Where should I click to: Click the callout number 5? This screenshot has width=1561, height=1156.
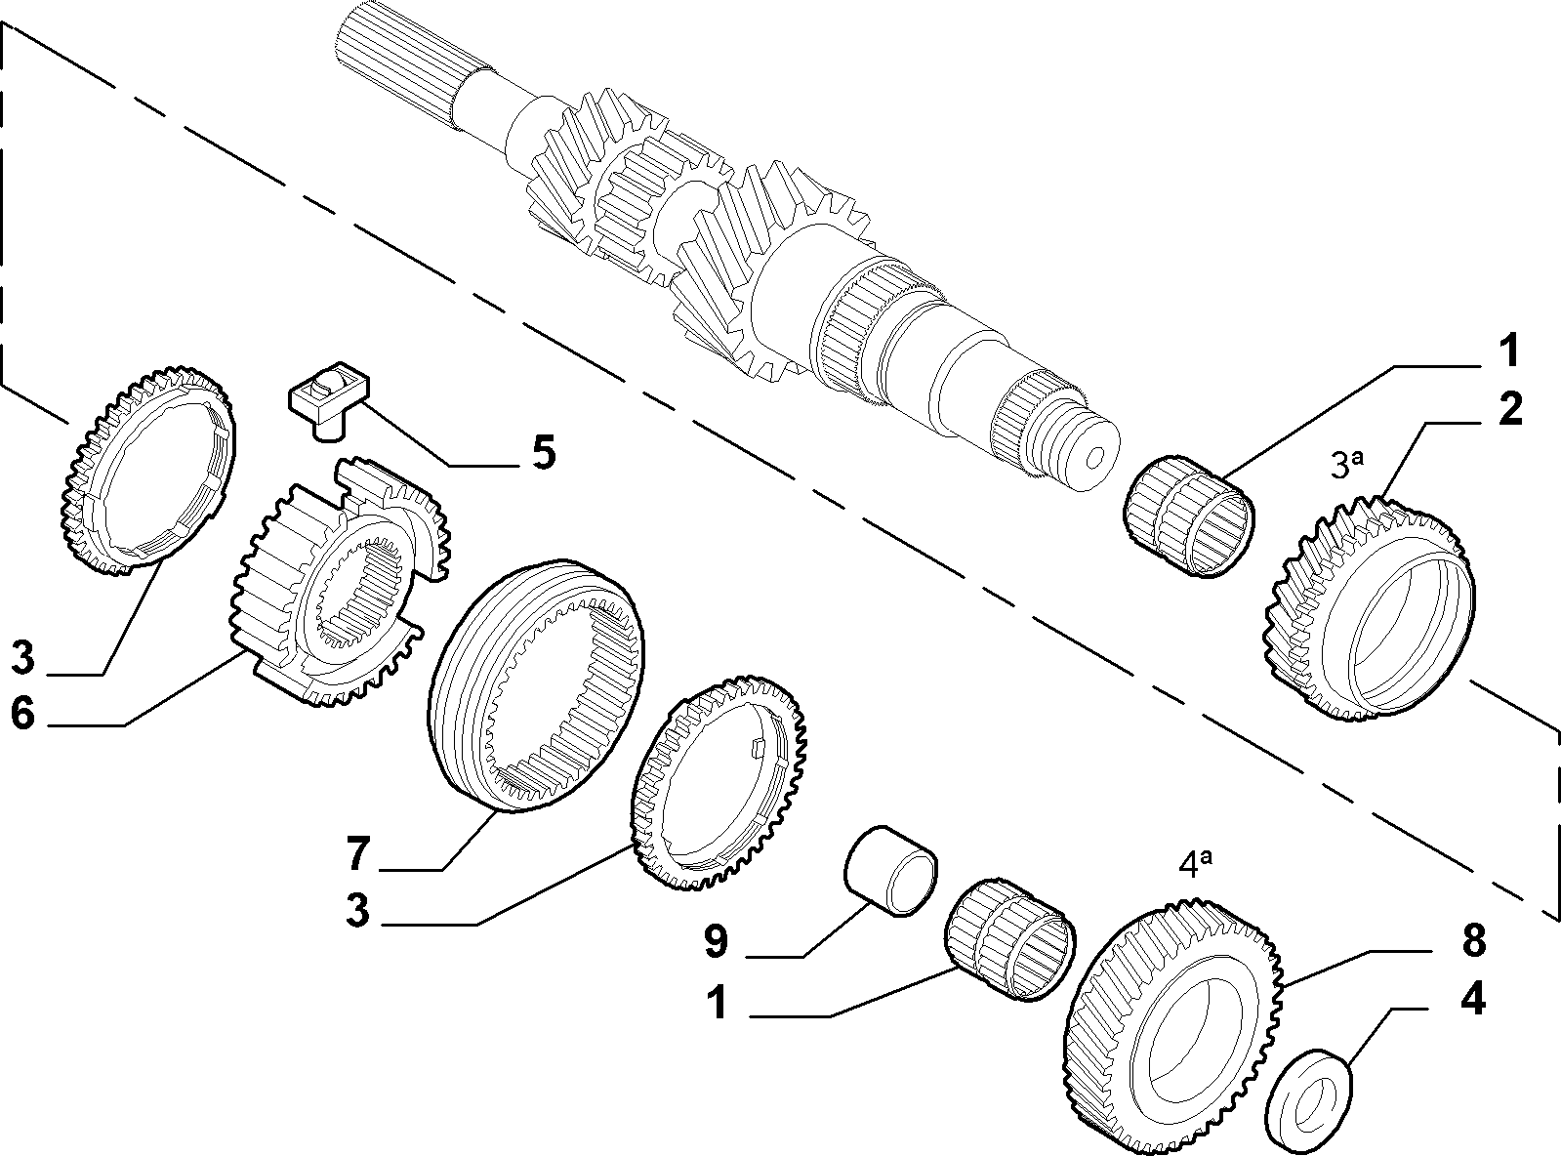point(544,452)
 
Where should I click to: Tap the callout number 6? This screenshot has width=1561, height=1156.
point(22,713)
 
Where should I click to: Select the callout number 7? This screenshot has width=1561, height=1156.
point(357,853)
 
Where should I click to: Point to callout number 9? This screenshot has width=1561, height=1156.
point(716,941)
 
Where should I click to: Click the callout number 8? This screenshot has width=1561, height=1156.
point(1473,940)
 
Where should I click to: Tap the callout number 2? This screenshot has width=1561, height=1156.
point(1509,408)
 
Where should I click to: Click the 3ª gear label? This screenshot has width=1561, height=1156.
point(1346,465)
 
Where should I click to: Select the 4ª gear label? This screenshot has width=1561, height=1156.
point(1196,864)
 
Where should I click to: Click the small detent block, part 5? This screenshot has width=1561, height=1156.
point(328,400)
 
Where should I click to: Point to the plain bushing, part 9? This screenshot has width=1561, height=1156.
point(890,870)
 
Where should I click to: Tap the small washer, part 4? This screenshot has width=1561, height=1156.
point(1307,1094)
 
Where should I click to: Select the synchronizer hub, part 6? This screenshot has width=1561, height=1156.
point(341,583)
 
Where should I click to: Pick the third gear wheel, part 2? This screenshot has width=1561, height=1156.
point(1370,609)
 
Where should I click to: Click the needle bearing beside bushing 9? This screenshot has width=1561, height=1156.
point(1010,939)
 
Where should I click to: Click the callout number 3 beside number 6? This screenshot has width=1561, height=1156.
point(22,657)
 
